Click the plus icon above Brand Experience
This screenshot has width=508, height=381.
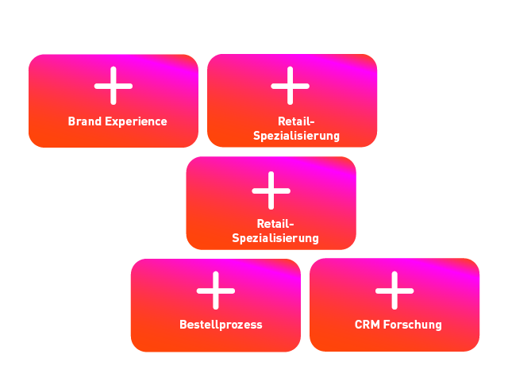(114, 86)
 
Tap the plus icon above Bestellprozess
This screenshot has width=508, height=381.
(216, 290)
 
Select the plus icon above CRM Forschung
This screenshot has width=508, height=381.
(394, 290)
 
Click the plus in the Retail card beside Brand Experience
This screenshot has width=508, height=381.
(291, 86)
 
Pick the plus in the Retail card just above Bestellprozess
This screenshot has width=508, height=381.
(271, 189)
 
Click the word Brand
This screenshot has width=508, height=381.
(83, 121)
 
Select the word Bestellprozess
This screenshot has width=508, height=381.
(221, 325)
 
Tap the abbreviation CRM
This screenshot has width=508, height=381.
(367, 325)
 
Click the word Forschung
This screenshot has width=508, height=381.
(412, 325)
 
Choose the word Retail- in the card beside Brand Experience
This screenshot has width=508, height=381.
(297, 121)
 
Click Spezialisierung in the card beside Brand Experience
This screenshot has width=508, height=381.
(296, 136)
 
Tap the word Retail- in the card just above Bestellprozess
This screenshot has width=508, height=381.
(275, 224)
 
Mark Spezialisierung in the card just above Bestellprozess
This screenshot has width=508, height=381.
(275, 238)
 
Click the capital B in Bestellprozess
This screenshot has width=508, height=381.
(183, 325)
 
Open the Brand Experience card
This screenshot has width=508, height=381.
(114, 102)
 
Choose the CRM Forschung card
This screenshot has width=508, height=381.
(394, 306)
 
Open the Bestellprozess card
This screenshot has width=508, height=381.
(216, 306)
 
